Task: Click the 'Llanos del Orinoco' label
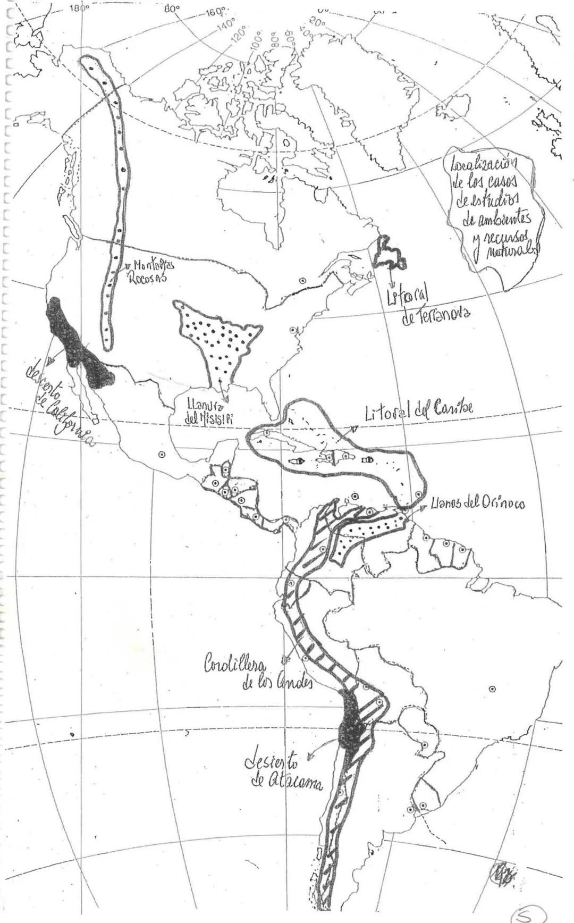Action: tap(477, 502)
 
